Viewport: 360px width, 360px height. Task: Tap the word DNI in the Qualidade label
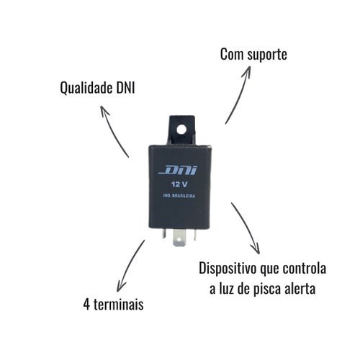125,88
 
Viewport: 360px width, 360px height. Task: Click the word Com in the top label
232,54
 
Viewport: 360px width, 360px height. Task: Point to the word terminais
119,305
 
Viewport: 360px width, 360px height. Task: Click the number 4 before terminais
86,305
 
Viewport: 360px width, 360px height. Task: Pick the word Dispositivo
228,269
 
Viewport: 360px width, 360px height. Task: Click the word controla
304,269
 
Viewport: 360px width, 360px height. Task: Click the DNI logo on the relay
178,171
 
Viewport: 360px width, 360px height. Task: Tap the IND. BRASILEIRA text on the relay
179,196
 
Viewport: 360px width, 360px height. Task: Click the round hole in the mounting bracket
181,130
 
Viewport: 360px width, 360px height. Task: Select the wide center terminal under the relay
179,238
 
